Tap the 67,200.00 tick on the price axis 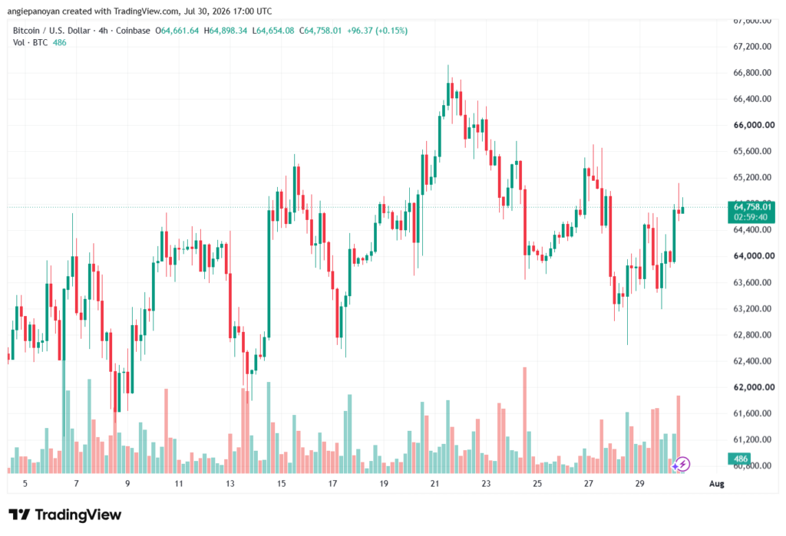[752, 47]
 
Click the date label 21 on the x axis [434, 483]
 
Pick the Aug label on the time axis [716, 483]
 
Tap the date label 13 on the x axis [230, 483]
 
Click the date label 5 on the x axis [25, 483]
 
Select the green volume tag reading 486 [741, 459]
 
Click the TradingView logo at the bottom [64, 515]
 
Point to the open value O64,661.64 [177, 31]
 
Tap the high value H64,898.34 [225, 31]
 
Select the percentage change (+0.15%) [391, 31]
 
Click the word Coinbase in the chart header [133, 31]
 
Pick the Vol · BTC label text [30, 43]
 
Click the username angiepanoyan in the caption [33, 11]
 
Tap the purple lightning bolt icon [682, 465]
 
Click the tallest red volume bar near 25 [525, 420]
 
